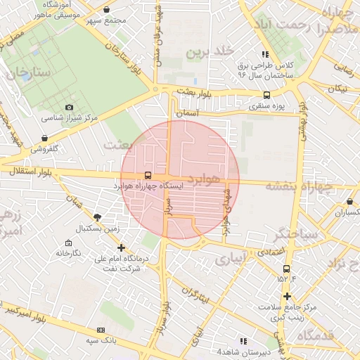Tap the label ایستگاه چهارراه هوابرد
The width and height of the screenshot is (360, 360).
(x=148, y=187)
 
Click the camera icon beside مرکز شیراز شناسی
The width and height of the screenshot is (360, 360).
(x=69, y=107)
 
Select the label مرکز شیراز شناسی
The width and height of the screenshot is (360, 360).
(x=69, y=118)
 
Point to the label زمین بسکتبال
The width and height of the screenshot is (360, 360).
(x=99, y=229)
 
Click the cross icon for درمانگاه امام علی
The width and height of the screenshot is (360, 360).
(x=122, y=247)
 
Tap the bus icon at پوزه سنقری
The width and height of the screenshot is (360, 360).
(x=266, y=95)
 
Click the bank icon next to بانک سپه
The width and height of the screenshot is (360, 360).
(x=101, y=330)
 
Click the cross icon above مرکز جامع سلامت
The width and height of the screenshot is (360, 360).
(x=287, y=295)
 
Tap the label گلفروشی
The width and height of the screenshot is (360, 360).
(x=44, y=149)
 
